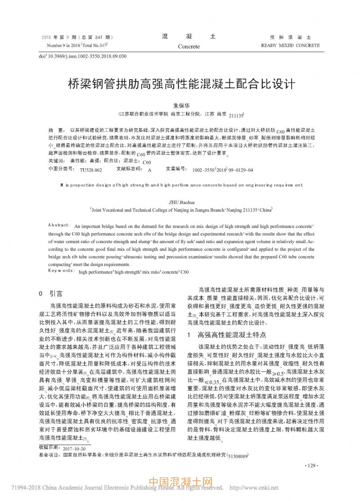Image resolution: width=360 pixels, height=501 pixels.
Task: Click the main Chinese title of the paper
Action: coord(180,84)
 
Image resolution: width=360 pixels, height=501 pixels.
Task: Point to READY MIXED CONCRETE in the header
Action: coord(290,45)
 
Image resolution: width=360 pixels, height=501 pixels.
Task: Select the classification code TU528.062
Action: coord(91,170)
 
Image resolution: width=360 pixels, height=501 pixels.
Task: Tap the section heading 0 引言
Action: coord(51,293)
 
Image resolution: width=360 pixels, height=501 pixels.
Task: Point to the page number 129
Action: coord(312,465)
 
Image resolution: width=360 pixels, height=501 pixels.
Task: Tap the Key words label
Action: coord(61,271)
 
